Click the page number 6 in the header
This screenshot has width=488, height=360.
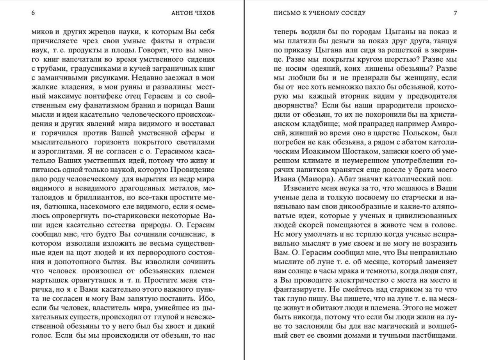click(x=33, y=13)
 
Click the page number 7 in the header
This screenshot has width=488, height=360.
click(x=455, y=13)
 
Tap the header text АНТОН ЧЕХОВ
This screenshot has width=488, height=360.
click(x=193, y=13)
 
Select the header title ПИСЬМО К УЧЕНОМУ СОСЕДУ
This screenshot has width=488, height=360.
click(x=319, y=13)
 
